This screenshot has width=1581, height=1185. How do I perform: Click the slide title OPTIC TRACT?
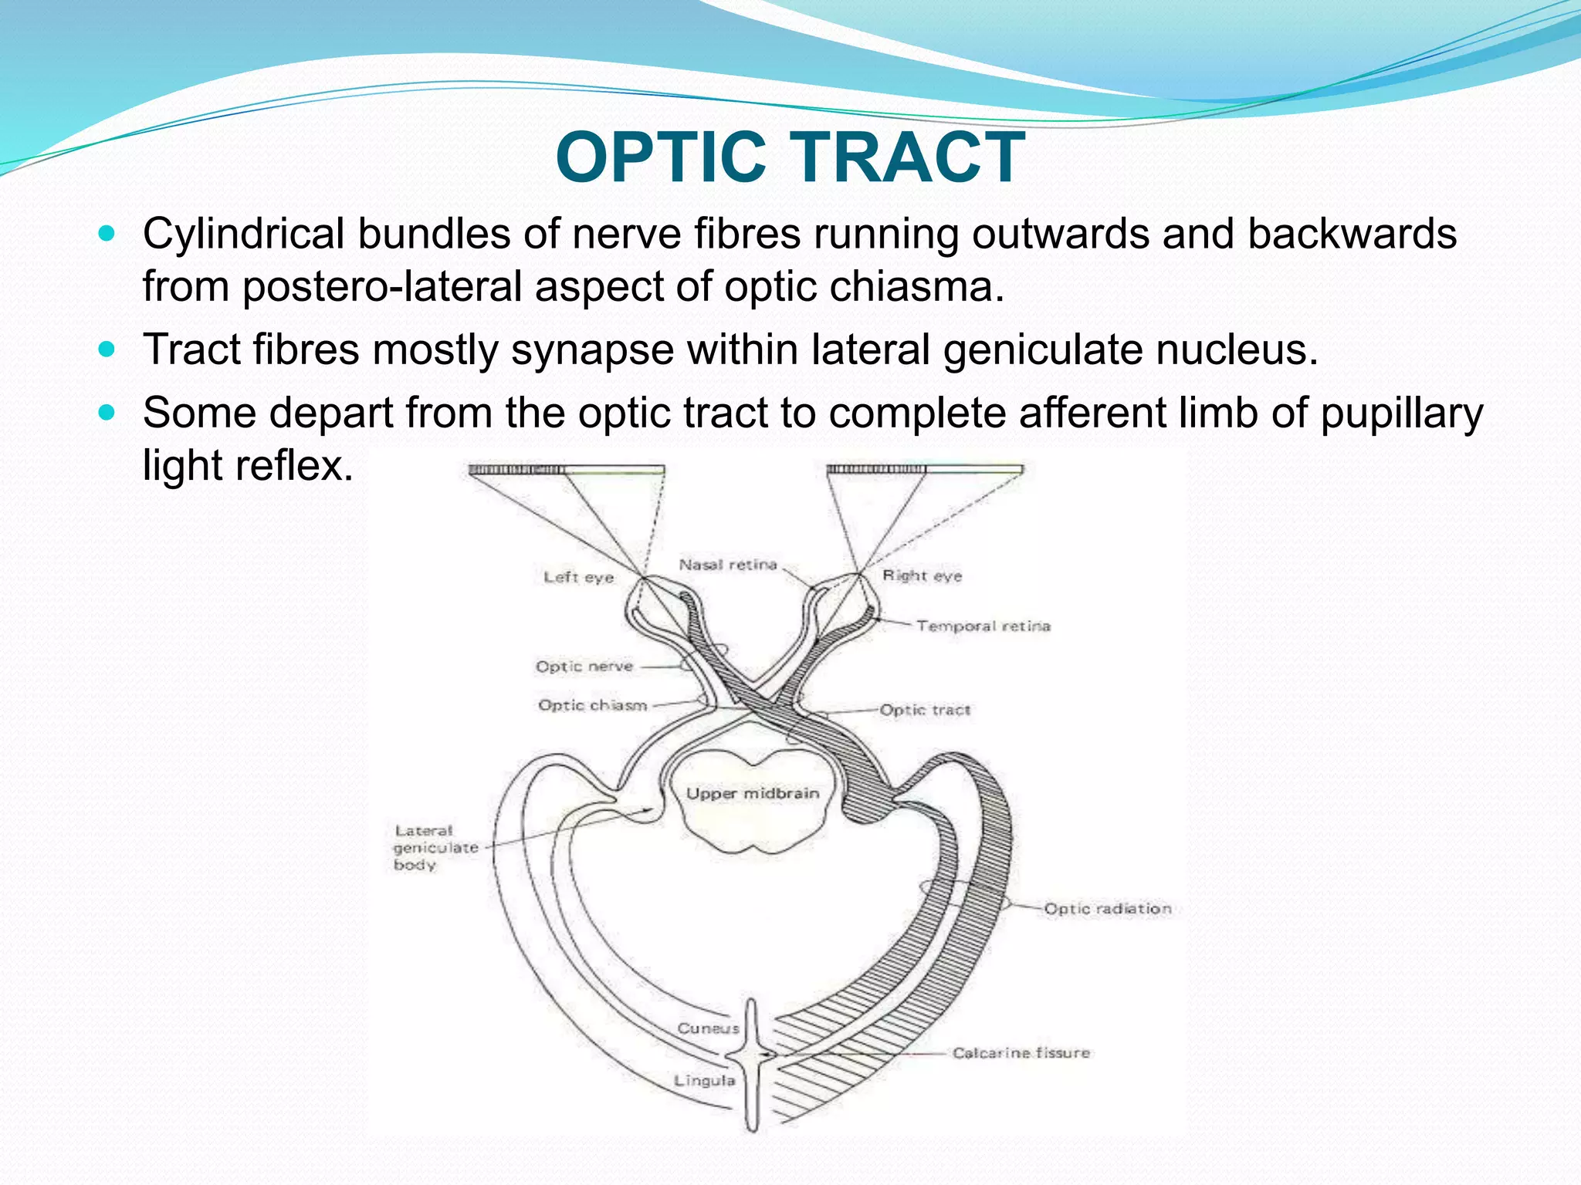tap(790, 157)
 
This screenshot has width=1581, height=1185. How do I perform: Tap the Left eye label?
tap(578, 577)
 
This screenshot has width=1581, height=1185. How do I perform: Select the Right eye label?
tap(922, 576)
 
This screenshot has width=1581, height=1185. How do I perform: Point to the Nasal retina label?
tap(727, 565)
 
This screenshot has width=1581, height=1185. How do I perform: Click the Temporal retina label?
tap(983, 626)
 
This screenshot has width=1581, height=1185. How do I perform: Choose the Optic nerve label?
tap(584, 667)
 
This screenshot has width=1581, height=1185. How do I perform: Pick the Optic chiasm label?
tap(592, 705)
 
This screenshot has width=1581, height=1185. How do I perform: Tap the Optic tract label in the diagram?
tap(925, 710)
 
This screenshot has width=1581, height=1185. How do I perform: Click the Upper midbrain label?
tap(752, 793)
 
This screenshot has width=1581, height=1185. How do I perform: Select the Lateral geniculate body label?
tap(435, 847)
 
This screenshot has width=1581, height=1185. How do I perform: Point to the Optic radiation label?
tap(1107, 909)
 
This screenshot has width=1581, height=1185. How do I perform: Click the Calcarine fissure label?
tap(1021, 1053)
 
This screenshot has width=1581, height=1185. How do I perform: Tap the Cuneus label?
tap(708, 1028)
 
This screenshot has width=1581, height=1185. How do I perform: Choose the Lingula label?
tap(704, 1081)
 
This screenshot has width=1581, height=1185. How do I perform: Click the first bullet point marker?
tap(107, 232)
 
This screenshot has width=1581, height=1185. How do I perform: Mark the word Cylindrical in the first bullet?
tap(243, 234)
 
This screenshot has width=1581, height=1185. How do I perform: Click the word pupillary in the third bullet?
tap(1401, 413)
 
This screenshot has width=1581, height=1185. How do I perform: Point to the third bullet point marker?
tap(107, 413)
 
